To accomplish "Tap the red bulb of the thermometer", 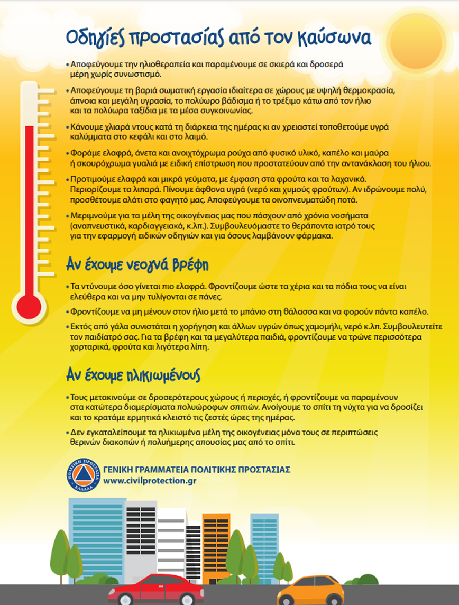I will [x=29, y=306].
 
